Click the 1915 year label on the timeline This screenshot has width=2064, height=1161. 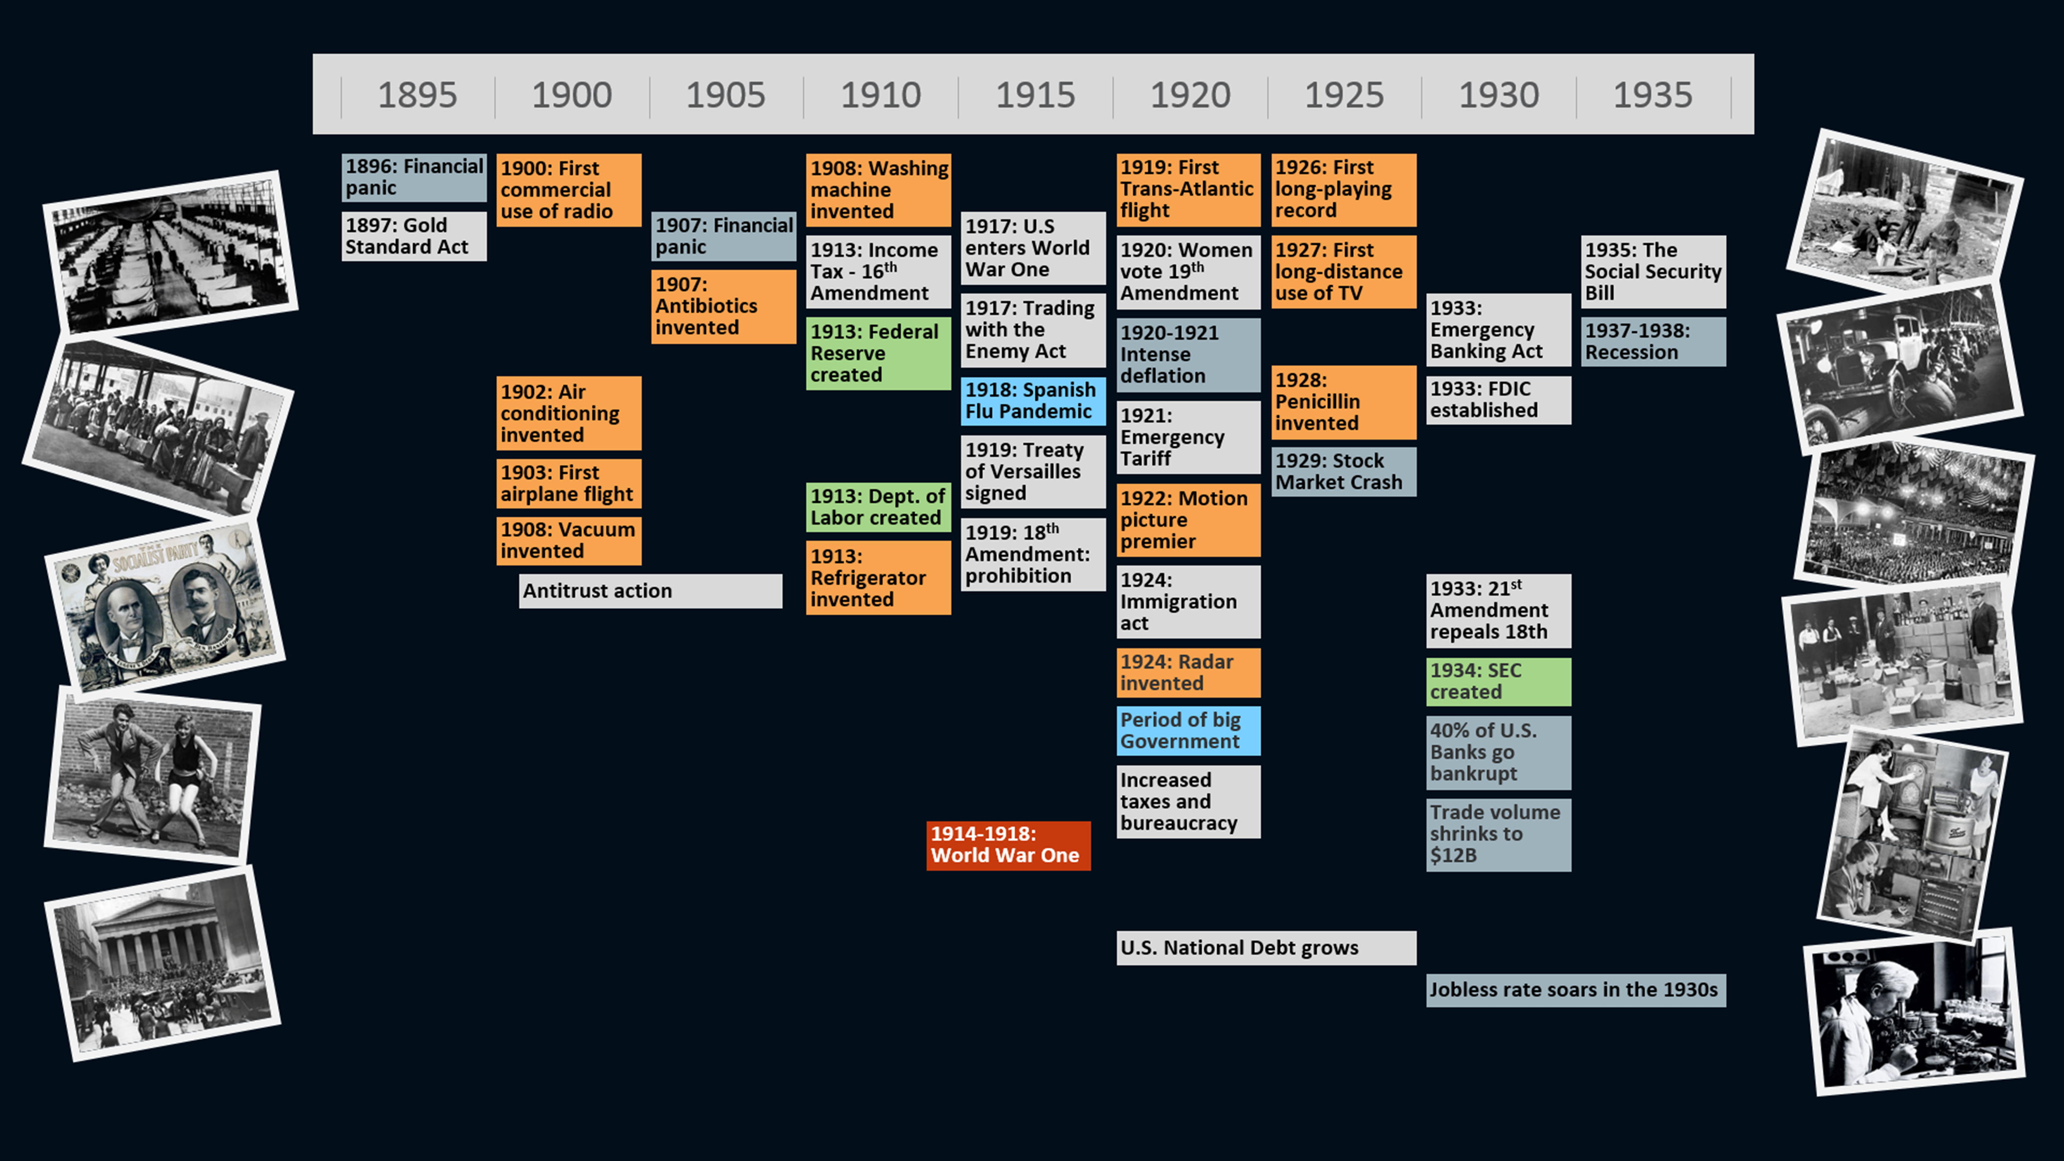1035,95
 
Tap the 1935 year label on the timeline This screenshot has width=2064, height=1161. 1652,95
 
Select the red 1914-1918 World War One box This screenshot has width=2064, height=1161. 1008,844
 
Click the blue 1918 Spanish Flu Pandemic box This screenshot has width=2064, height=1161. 1032,401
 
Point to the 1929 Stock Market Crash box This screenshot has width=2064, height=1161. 1343,471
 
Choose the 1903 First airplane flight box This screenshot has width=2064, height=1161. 568,483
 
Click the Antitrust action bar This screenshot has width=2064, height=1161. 650,591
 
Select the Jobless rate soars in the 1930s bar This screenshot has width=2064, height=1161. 1575,990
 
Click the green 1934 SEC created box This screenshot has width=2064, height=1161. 1498,681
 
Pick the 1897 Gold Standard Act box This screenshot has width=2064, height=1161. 414,236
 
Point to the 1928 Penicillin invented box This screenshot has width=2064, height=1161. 1343,402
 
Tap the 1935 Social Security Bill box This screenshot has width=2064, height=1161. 1653,272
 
